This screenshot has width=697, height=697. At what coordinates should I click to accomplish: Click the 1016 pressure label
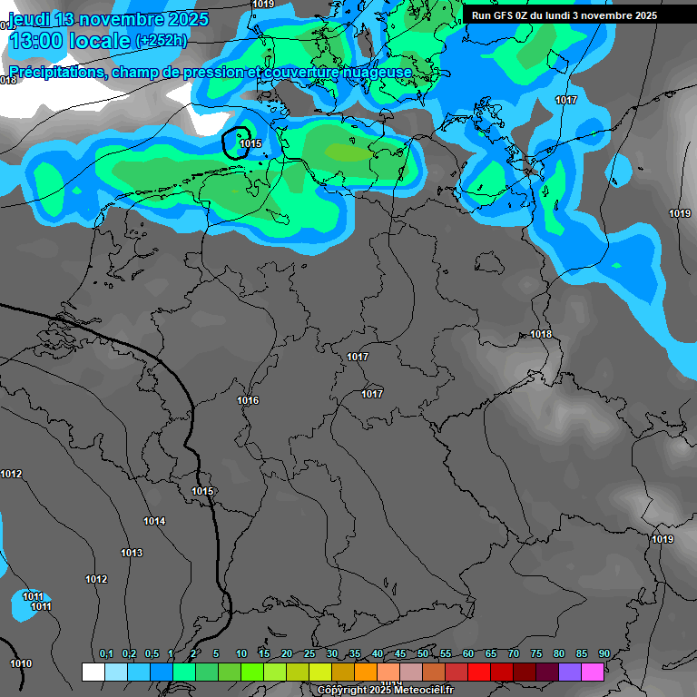(248, 400)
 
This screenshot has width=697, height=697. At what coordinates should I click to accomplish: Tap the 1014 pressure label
(154, 521)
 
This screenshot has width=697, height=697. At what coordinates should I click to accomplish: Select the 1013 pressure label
(132, 553)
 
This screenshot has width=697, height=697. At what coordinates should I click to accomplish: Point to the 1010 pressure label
(20, 663)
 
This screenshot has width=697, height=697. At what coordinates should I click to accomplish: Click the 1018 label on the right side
(541, 334)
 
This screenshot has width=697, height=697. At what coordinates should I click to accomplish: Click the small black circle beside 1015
(236, 142)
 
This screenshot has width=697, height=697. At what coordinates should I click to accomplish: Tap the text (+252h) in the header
(162, 40)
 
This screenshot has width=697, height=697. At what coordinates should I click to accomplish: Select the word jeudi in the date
(30, 19)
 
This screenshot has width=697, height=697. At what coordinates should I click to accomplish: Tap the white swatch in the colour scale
(93, 672)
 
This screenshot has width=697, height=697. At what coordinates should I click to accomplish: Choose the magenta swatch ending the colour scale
(593, 672)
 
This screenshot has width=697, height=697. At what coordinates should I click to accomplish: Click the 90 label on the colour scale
(604, 654)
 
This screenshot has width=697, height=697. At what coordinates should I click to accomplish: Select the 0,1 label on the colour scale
(106, 654)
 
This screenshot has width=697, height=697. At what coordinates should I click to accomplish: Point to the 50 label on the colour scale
(423, 654)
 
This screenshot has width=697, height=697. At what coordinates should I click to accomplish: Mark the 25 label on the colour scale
(309, 654)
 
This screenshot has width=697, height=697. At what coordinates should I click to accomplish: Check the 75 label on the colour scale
(536, 654)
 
